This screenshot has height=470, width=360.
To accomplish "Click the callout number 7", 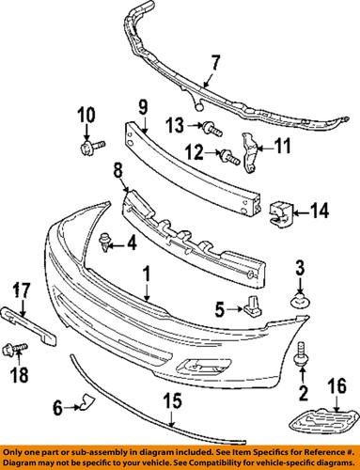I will click(214, 64).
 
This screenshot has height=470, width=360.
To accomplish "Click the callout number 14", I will click(322, 211).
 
